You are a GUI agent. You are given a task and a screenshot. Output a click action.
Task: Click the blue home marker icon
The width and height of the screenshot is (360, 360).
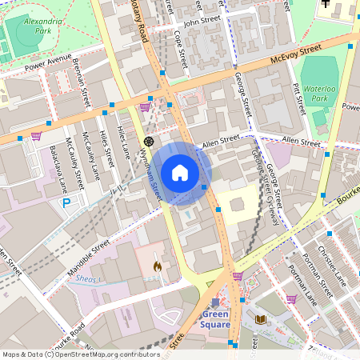(180, 173)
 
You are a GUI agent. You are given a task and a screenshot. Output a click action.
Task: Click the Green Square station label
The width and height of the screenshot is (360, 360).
(215, 319)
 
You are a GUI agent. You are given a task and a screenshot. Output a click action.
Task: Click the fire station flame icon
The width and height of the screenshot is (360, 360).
(157, 266)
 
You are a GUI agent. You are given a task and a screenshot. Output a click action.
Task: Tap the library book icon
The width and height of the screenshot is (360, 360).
(260, 319)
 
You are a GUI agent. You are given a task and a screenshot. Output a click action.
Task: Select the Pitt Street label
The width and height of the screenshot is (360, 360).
(298, 98)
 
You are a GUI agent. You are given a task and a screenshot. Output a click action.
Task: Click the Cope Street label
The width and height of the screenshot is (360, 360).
(181, 48)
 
